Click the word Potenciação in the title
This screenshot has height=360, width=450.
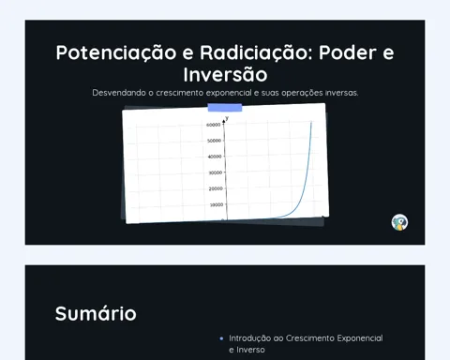tap(116, 53)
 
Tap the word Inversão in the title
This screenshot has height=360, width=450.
tap(225, 74)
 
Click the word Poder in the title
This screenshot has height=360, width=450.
tap(348, 52)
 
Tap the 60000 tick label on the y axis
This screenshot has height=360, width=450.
tap(214, 125)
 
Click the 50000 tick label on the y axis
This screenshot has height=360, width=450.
tap(214, 141)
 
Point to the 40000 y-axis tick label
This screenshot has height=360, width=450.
tap(215, 157)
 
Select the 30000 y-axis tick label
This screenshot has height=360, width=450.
tap(216, 172)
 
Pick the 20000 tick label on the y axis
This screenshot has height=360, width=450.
tap(216, 188)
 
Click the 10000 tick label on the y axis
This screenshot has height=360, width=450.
tap(217, 204)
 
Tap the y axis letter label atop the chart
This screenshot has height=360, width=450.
tap(227, 118)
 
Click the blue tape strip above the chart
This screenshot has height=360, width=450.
tap(225, 108)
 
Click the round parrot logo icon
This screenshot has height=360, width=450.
tap(399, 222)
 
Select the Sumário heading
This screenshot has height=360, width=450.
tap(96, 313)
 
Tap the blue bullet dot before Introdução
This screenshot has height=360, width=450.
tap(221, 338)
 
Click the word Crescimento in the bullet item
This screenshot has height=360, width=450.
tap(309, 338)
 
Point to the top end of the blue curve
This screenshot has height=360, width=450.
tap(311, 122)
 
